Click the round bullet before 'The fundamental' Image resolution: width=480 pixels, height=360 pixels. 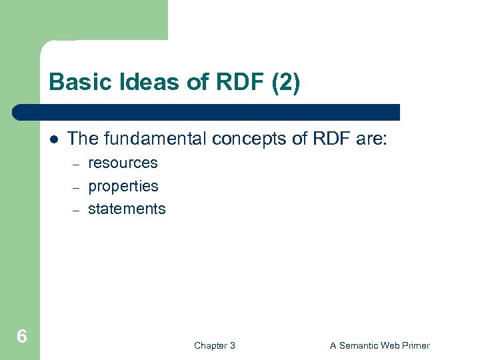coord(53,139)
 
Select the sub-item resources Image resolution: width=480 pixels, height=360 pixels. coord(123,163)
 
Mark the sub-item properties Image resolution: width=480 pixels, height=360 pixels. coord(123,186)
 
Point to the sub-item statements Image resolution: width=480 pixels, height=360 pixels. coord(127,209)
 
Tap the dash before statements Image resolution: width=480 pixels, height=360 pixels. coord(76,210)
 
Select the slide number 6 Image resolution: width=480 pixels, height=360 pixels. coord(22,337)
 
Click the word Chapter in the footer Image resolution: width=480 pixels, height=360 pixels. coord(209,345)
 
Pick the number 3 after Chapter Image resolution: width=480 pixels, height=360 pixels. coord(232,345)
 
